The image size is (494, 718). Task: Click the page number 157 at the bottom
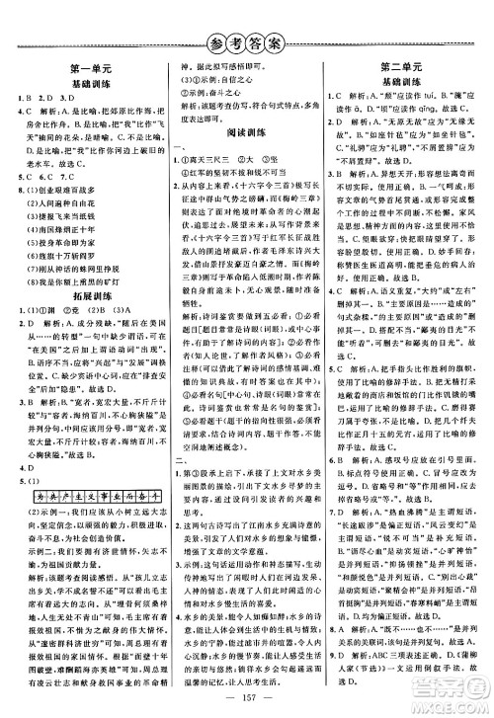pyautogui.click(x=247, y=685)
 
